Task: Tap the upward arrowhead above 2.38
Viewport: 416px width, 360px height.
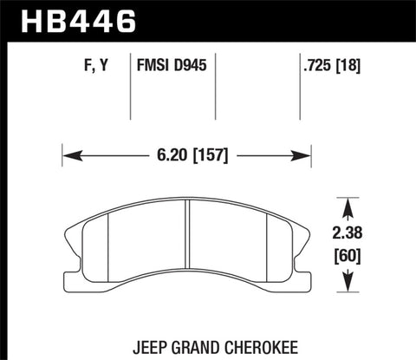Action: (x=348, y=206)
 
